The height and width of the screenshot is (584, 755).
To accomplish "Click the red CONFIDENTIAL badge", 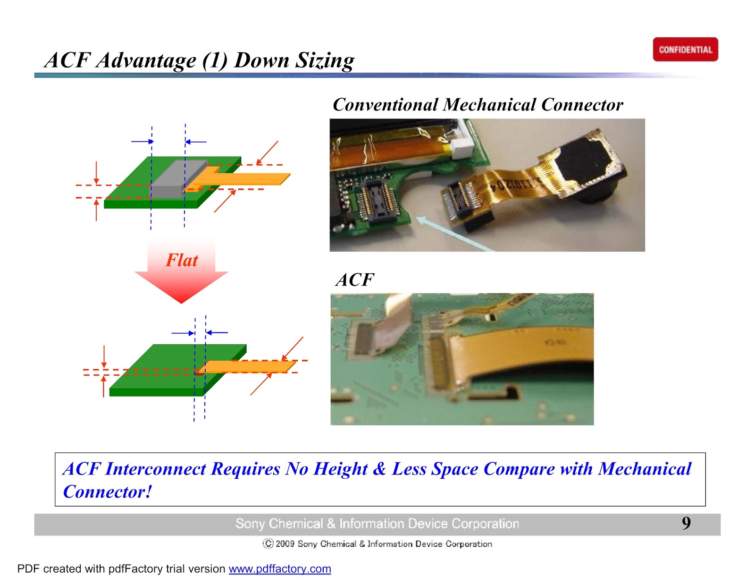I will point(685,50).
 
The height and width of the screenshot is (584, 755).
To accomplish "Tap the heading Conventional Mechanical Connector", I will point(478,104).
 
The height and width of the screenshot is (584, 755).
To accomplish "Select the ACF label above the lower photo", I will point(355,279).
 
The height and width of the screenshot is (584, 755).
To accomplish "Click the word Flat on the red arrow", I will point(182,260).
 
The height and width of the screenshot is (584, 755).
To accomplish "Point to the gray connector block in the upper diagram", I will point(179,178).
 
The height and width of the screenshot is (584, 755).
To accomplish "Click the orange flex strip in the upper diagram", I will point(250,178).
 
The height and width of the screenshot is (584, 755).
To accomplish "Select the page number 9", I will point(686,523).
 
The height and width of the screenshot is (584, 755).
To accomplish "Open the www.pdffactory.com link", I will point(280,569).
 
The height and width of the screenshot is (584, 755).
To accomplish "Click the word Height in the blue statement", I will point(341,469).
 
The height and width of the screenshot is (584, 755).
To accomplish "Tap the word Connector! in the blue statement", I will point(108,492).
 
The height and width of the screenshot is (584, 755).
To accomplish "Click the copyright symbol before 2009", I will point(268,544).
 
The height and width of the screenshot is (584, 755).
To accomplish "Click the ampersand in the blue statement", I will point(379,469).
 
